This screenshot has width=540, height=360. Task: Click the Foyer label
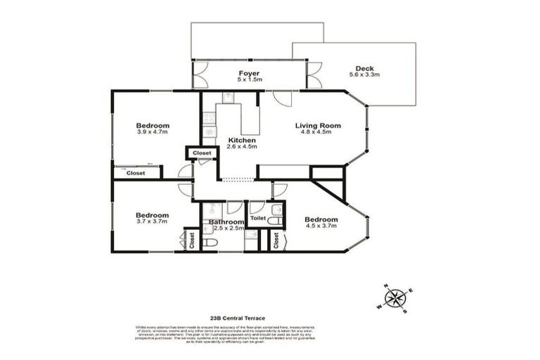click(x=249, y=73)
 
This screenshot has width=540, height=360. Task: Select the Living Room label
click(x=317, y=126)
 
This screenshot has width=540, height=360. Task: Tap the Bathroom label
click(x=226, y=222)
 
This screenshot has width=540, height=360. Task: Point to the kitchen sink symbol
click(x=228, y=98)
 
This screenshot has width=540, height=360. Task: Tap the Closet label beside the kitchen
click(x=202, y=153)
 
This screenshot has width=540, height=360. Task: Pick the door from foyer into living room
click(x=282, y=98)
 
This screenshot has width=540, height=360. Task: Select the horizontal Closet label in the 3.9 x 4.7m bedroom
click(x=136, y=172)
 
